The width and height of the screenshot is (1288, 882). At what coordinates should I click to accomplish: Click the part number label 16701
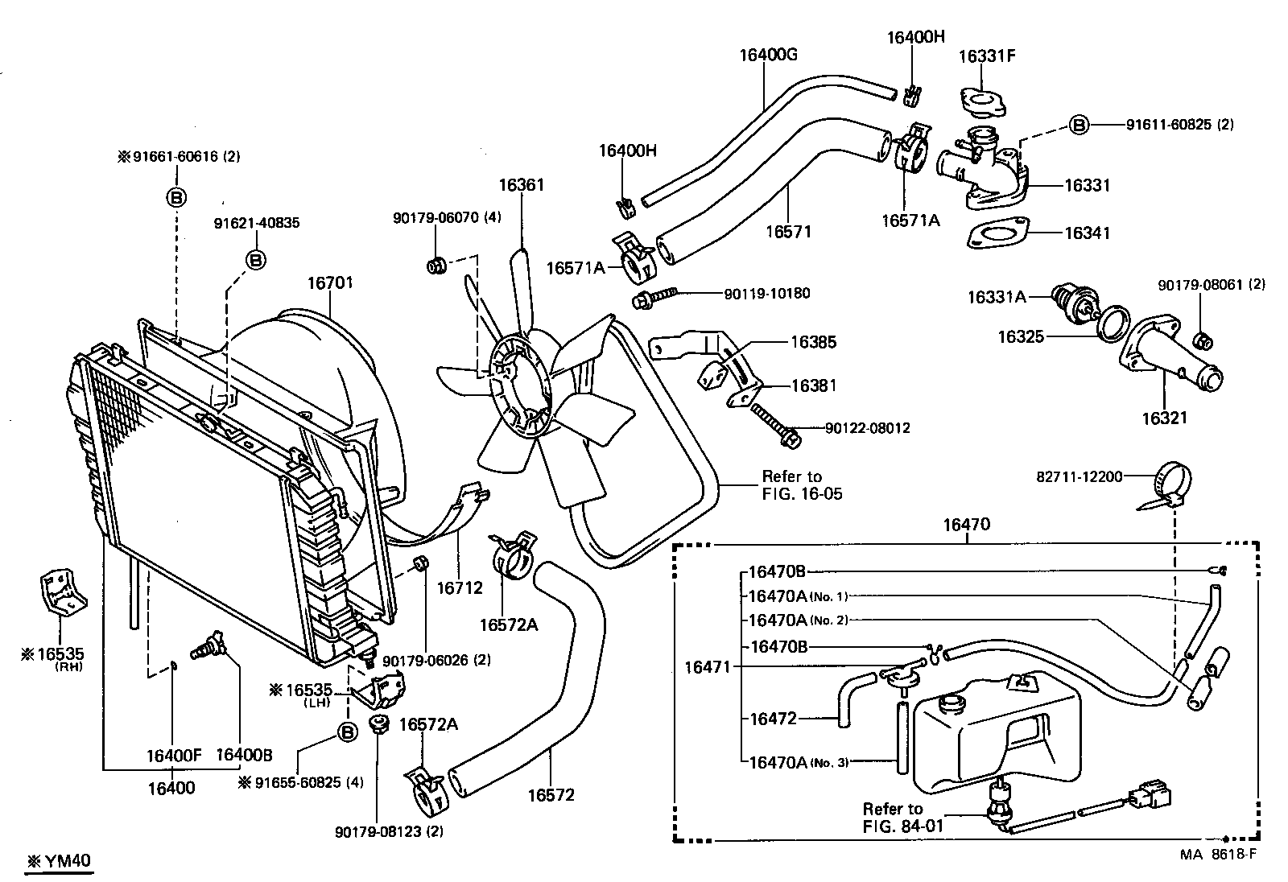pos(330,283)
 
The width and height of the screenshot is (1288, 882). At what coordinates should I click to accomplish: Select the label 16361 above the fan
pos(521,184)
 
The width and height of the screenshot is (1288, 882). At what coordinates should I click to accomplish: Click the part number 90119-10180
pos(766,294)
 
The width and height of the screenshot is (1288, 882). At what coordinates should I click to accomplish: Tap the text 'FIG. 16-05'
pos(802,494)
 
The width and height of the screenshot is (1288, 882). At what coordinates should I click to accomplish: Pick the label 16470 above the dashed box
pos(966,525)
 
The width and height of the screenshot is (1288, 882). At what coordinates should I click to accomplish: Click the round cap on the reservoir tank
pos(952,703)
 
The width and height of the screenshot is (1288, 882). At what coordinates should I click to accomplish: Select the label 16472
pos(773,719)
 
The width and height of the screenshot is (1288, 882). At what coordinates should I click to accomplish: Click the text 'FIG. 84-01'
pos(902,825)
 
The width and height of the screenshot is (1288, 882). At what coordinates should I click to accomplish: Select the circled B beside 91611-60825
pos(1079,125)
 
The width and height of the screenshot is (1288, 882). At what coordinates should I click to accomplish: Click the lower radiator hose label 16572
pos(551,795)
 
